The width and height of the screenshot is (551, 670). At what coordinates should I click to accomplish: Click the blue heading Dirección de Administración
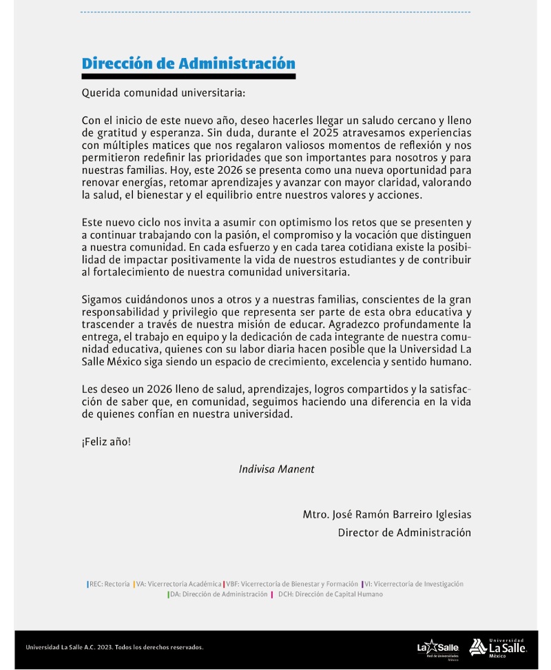point(188,63)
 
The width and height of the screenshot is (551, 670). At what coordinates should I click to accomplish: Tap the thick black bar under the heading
point(188,76)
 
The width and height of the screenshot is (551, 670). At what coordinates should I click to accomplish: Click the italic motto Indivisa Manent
point(276,469)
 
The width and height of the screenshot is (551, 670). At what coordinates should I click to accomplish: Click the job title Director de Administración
point(404,532)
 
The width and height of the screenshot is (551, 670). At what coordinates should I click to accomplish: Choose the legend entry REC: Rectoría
point(109,584)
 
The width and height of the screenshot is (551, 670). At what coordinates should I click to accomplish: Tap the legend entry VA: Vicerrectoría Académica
point(178,584)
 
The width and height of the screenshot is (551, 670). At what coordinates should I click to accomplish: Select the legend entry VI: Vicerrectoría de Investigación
point(413,584)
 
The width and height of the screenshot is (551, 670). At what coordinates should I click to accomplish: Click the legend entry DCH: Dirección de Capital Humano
point(330,594)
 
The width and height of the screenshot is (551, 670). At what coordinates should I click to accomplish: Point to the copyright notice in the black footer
point(114,647)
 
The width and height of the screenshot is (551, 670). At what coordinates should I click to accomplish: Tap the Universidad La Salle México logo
point(498,647)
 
